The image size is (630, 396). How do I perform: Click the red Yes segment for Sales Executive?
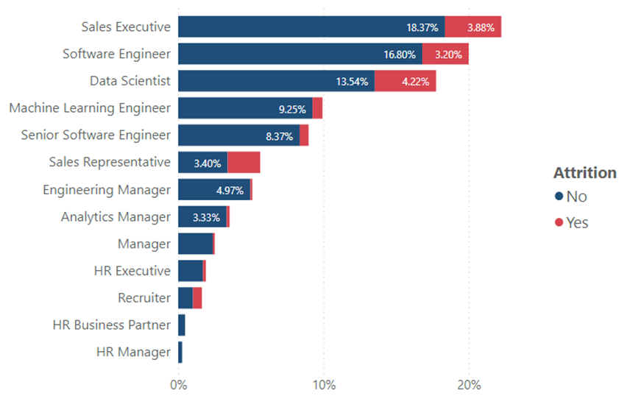473,27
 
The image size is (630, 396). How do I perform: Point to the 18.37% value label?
422,27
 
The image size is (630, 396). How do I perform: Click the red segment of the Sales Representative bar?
244,162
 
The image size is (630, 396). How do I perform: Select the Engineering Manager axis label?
107,189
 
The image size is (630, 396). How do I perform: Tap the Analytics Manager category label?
116,216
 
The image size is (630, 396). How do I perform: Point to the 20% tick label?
469,385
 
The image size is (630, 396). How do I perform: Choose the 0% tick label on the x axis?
178,385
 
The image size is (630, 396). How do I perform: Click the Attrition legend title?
585,173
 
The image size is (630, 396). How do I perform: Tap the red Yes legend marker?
559,222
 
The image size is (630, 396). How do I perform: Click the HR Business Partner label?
111,325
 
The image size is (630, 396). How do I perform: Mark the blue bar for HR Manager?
180,352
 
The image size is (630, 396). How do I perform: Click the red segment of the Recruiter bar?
197,297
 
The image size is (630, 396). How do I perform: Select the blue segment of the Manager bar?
195,244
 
